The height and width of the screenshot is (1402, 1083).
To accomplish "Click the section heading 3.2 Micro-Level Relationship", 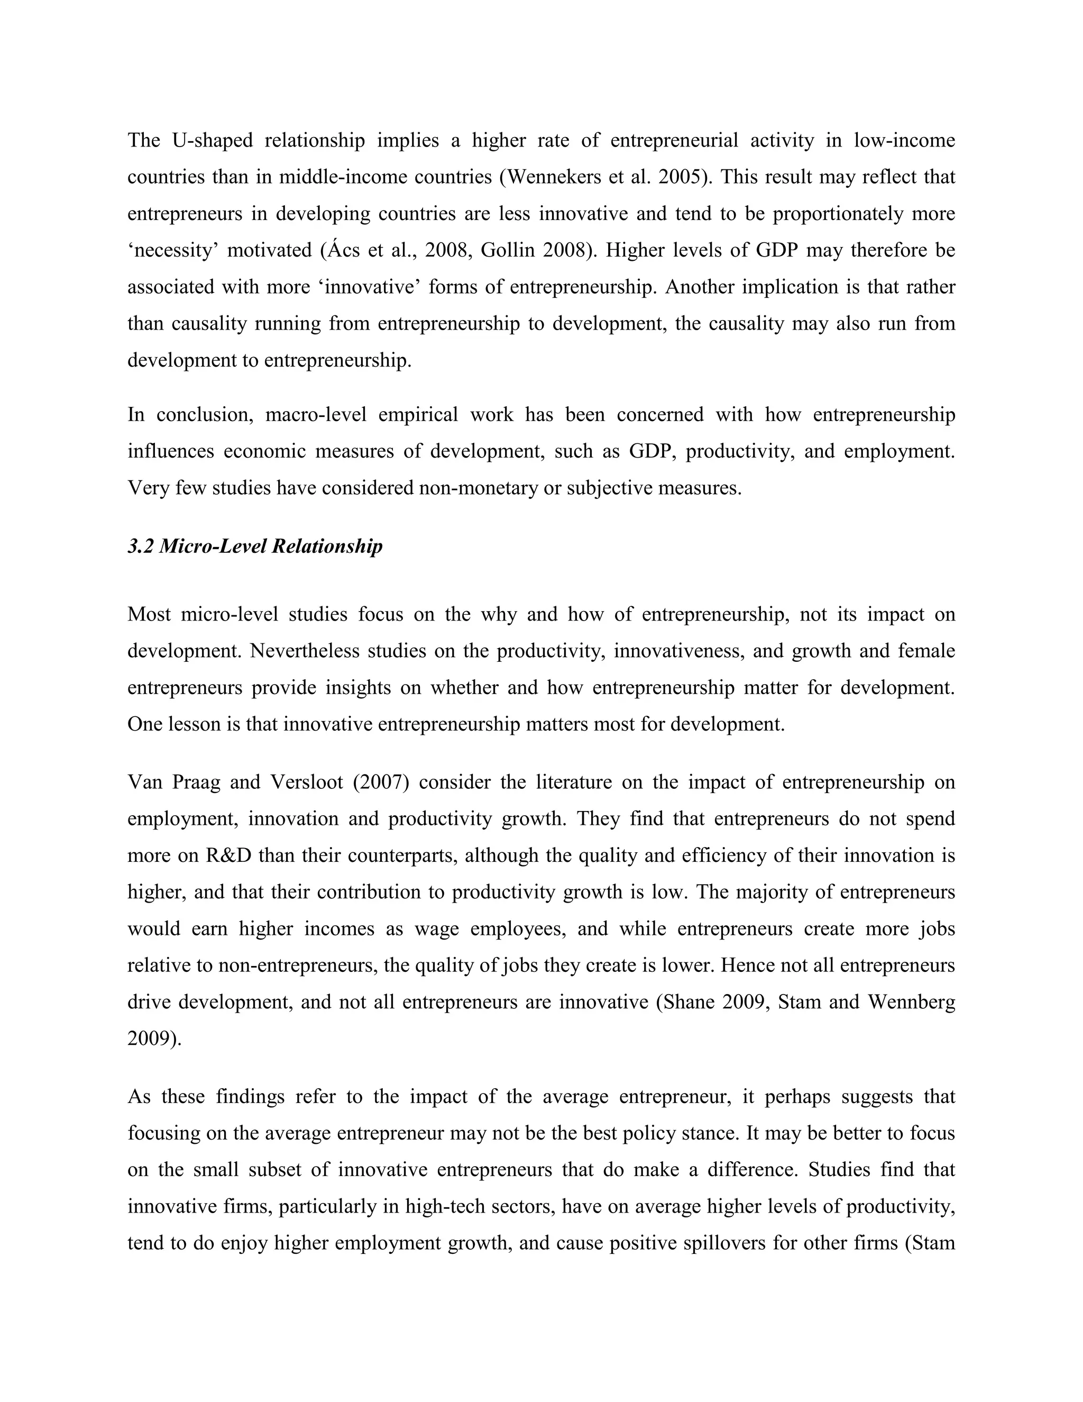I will [255, 547].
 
